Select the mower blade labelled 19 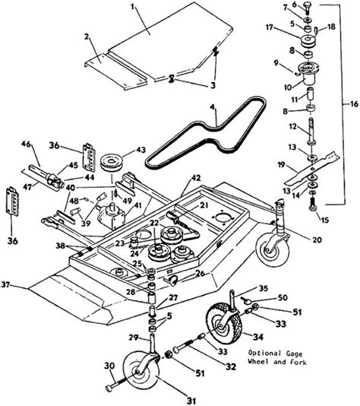(x=313, y=168)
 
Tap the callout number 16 (x=354, y=104)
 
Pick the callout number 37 (x=5, y=284)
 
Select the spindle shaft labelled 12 (x=311, y=132)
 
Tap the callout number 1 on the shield (x=133, y=7)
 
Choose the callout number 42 (x=196, y=178)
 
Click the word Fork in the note (x=298, y=362)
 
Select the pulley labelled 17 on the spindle (x=308, y=42)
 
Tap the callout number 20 (x=317, y=239)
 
